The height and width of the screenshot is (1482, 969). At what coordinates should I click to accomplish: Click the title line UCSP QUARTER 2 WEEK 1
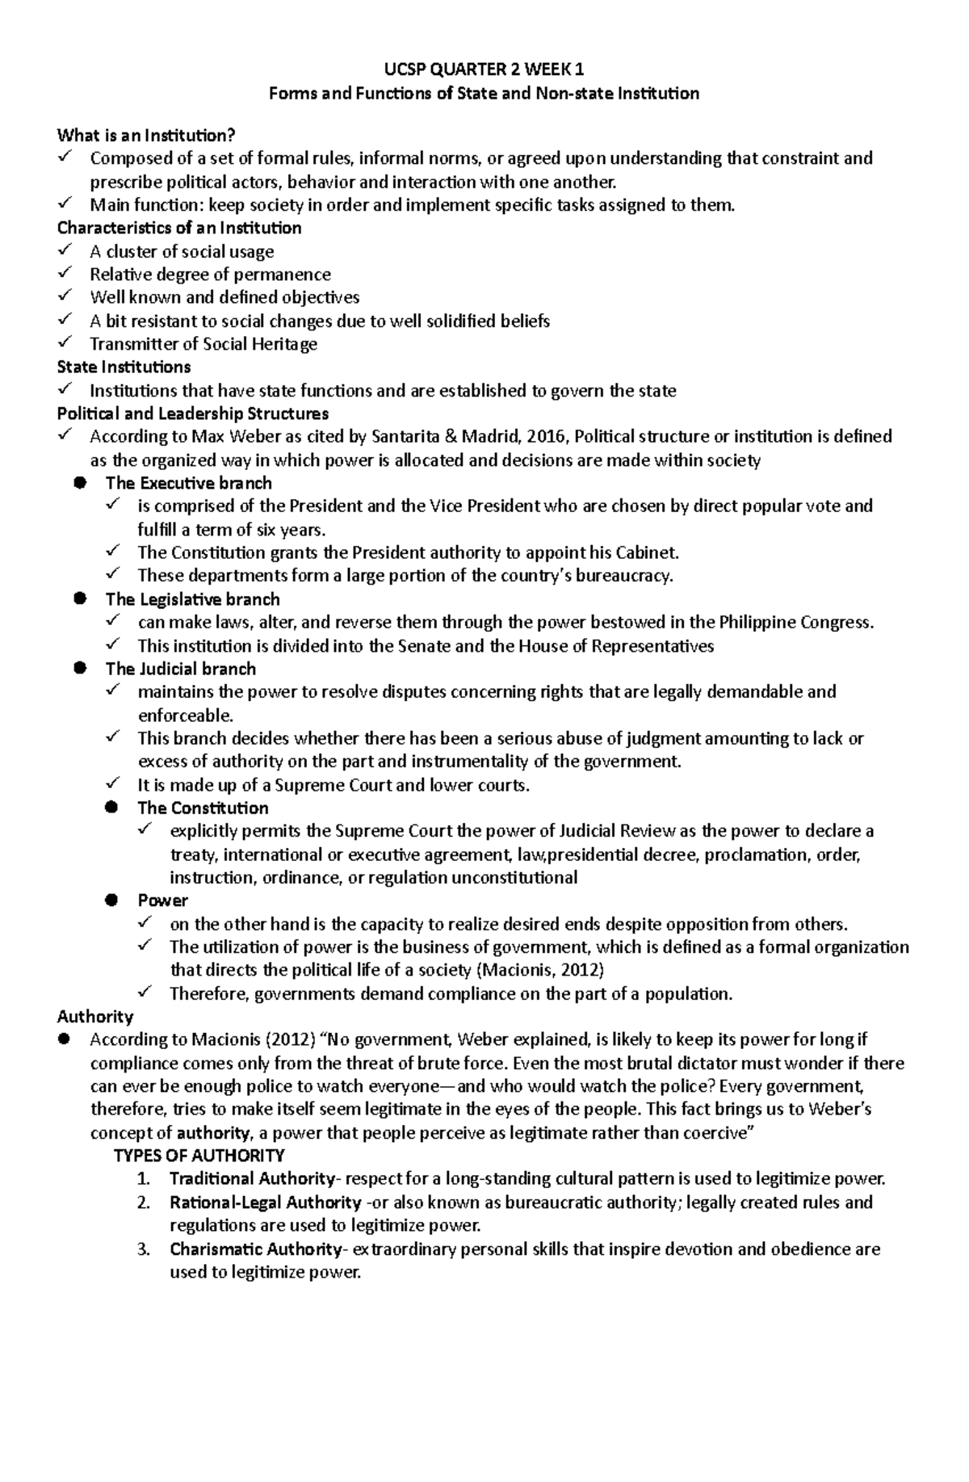[x=484, y=69]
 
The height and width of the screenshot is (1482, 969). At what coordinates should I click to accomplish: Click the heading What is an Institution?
[x=149, y=135]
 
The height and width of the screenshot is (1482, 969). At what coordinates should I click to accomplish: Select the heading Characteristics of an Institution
[x=179, y=228]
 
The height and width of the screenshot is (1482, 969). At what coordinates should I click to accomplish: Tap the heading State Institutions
[x=124, y=367]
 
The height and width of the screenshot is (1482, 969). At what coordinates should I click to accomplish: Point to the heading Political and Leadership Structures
[x=193, y=414]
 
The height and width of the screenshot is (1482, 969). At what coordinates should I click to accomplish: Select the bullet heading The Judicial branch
[x=180, y=669]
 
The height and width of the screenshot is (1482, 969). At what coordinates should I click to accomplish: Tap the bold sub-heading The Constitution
[x=203, y=808]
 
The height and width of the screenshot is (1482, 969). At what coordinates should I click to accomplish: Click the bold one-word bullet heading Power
[x=162, y=901]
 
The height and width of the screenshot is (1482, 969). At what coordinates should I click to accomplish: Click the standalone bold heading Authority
[x=95, y=1016]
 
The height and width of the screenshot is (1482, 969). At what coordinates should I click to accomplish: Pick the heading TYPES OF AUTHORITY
[x=199, y=1155]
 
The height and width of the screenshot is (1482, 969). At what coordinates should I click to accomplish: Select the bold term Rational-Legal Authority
[x=265, y=1202]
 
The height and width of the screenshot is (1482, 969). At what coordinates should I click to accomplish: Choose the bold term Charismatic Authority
[x=255, y=1249]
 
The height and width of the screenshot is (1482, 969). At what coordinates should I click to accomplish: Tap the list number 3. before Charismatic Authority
[x=144, y=1249]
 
